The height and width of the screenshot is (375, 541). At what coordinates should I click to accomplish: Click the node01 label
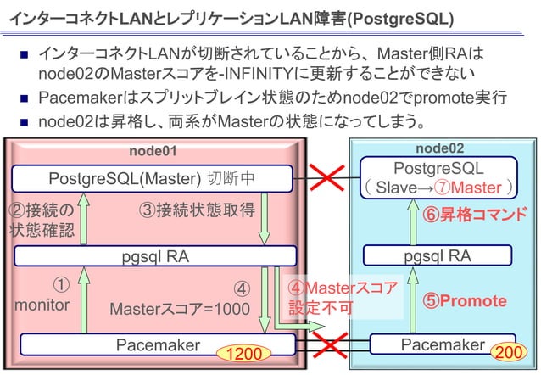pyautogui.click(x=153, y=151)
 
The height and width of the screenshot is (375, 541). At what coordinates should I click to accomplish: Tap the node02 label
pyautogui.click(x=445, y=148)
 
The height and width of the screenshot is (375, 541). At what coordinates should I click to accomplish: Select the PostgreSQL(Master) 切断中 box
pyautogui.click(x=152, y=178)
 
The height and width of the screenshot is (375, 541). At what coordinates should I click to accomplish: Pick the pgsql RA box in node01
pyautogui.click(x=153, y=255)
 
